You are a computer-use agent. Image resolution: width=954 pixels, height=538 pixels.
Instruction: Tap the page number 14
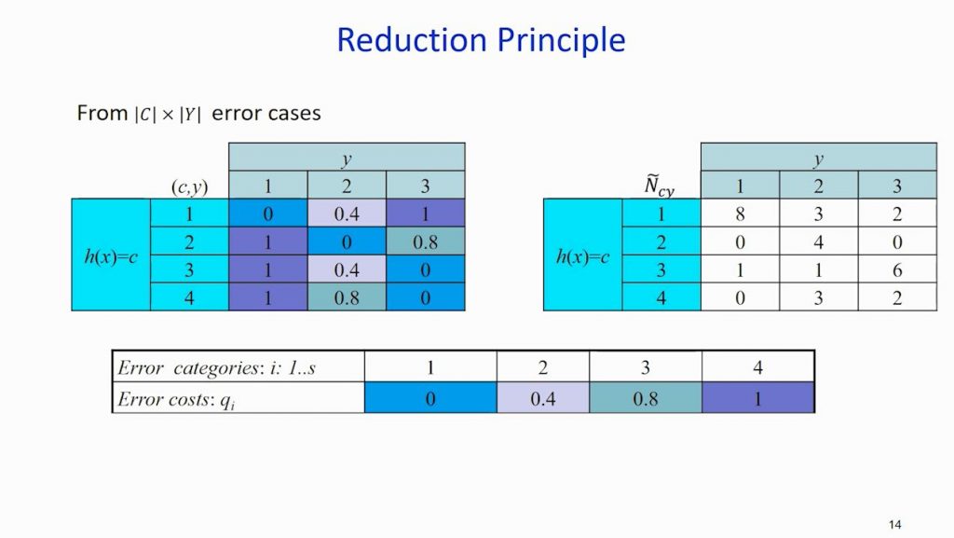click(x=895, y=525)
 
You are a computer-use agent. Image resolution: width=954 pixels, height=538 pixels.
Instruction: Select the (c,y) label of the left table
click(x=190, y=186)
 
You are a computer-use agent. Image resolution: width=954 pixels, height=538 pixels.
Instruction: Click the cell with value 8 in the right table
click(x=740, y=213)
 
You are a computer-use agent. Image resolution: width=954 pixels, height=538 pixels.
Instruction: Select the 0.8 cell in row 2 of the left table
click(x=425, y=242)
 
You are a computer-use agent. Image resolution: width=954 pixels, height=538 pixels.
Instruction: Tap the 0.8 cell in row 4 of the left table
click(x=347, y=298)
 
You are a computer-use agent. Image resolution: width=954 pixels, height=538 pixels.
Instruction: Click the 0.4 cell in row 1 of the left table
click(x=347, y=214)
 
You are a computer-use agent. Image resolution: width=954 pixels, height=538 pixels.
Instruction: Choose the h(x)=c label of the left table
click(x=111, y=256)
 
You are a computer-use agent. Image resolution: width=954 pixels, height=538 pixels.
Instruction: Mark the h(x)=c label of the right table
click(x=582, y=256)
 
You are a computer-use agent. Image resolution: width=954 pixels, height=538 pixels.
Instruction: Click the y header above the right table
click(x=818, y=159)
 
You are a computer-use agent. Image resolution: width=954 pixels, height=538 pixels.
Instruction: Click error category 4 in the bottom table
click(x=757, y=367)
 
